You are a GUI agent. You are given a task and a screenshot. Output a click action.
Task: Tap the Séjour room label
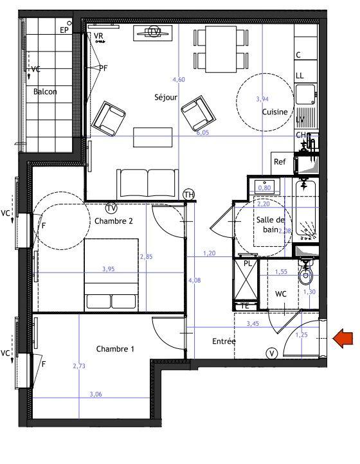point(165,98)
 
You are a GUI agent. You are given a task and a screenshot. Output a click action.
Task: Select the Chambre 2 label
point(114,221)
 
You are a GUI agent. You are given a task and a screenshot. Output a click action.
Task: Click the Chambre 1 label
point(115,349)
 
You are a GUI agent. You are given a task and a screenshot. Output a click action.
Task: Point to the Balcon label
point(45,92)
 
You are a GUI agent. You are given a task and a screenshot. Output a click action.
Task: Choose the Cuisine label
point(274,112)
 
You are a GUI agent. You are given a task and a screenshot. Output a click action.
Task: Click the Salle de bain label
point(270,224)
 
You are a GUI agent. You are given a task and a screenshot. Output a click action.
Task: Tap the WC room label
point(280,294)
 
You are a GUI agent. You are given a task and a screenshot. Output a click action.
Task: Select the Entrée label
point(224,341)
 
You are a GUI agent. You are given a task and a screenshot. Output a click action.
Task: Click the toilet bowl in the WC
point(305,275)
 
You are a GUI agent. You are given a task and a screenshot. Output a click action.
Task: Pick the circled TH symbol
point(189,194)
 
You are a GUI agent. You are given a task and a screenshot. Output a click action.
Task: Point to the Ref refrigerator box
point(280,162)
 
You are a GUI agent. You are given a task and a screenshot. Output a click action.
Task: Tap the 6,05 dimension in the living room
point(203,133)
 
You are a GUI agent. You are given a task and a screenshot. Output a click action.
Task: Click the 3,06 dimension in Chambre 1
point(96,394)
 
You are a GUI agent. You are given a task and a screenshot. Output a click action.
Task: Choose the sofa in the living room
point(147,183)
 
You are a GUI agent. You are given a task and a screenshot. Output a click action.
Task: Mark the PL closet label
point(248,263)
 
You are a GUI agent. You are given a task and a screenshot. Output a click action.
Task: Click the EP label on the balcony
point(64,30)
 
